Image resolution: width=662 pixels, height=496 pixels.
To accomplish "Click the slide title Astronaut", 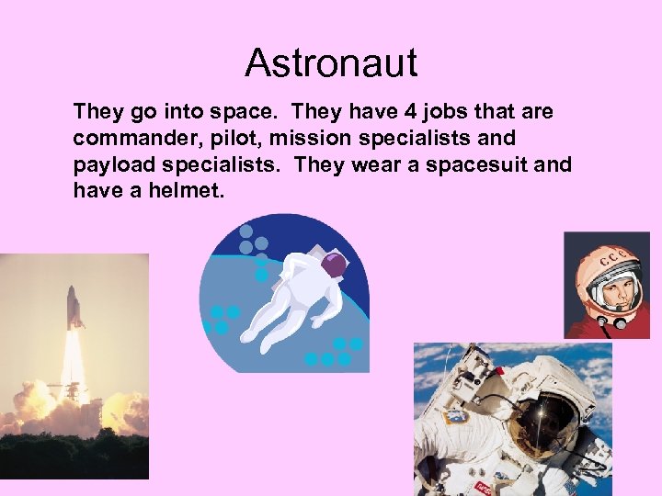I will [x=331, y=63].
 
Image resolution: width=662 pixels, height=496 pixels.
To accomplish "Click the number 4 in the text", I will [x=409, y=112].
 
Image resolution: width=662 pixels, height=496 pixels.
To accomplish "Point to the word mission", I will [x=309, y=139].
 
